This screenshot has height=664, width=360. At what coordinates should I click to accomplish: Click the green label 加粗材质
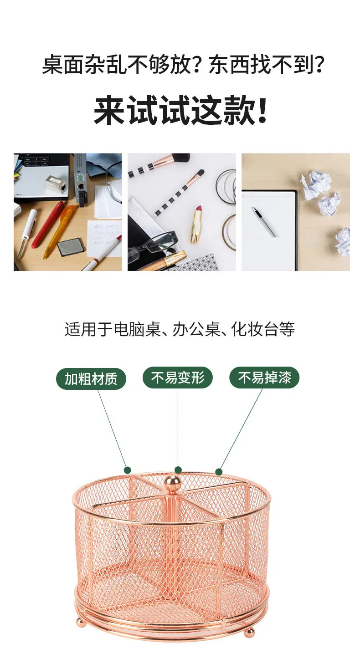point(91,378)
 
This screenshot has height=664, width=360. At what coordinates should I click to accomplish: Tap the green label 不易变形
point(178,378)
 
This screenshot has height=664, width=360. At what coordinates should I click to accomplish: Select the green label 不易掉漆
point(264,378)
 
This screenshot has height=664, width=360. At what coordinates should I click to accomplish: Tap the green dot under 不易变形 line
point(178,470)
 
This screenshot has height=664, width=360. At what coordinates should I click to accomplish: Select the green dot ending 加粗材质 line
point(128,470)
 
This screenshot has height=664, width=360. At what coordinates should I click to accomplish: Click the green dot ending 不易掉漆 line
point(219,472)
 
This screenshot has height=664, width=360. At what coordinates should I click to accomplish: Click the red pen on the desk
point(48,225)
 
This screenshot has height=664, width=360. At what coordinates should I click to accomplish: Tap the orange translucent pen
point(59,231)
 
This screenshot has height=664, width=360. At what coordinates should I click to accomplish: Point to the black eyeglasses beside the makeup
point(152,245)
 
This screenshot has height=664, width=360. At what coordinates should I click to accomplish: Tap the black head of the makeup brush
point(181,157)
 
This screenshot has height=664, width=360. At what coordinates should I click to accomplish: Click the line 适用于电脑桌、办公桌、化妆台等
point(180,329)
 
